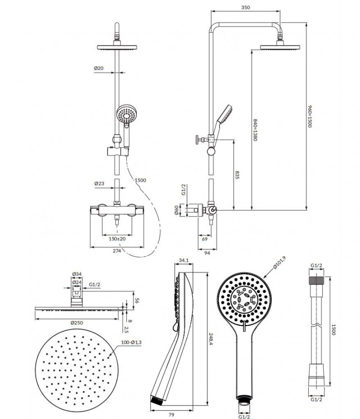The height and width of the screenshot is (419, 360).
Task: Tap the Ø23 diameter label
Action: pos(100,184)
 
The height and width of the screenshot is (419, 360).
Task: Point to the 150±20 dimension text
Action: pos(117,239)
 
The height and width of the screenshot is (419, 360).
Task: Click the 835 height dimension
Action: pos(237,175)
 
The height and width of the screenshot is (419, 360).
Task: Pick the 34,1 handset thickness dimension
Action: pos(183,261)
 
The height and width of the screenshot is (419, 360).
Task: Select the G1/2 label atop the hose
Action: pos(316,266)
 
